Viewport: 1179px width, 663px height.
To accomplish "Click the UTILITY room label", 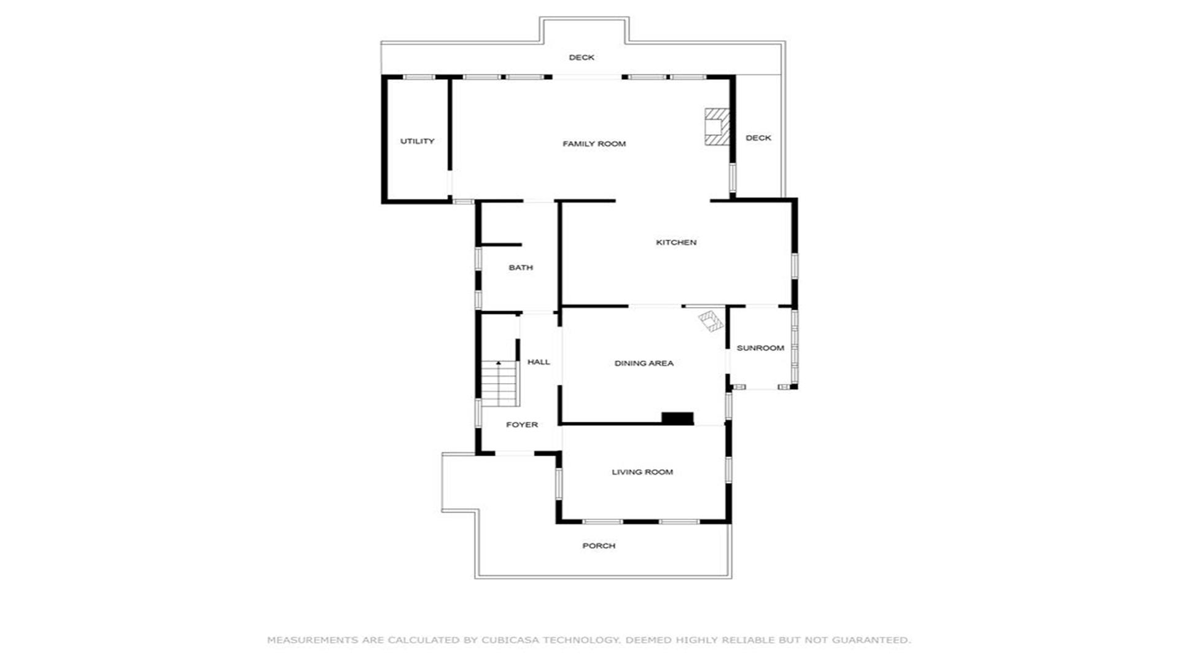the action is click(x=417, y=141).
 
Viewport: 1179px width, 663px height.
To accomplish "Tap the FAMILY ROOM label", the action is click(x=594, y=144).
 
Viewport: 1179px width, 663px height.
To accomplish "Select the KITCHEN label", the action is click(x=676, y=242).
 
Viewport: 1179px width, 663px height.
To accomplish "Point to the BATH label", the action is click(x=521, y=268).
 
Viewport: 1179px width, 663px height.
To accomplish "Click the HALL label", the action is click(x=539, y=362).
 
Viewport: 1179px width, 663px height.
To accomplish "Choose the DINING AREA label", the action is click(x=644, y=363).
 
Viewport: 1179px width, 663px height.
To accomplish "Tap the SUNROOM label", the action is click(x=760, y=348).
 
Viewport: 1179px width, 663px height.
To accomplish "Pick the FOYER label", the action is click(x=522, y=425).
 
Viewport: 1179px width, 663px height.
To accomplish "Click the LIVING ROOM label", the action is click(x=642, y=472).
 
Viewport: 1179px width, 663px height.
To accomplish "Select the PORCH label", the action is click(x=599, y=546).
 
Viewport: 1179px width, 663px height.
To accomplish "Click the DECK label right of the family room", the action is click(x=758, y=138).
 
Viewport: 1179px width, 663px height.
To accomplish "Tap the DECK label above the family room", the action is click(x=582, y=58).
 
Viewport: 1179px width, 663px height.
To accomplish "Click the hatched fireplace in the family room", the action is click(x=717, y=127).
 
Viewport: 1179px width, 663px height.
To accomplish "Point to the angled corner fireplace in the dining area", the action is click(x=711, y=321).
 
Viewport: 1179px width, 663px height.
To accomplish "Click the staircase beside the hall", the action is click(x=500, y=384).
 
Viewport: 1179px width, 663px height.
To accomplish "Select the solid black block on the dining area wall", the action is click(x=677, y=418).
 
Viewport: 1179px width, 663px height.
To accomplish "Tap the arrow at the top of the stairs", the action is click(x=499, y=363).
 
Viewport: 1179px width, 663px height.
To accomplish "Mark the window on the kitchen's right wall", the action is click(x=794, y=266).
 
